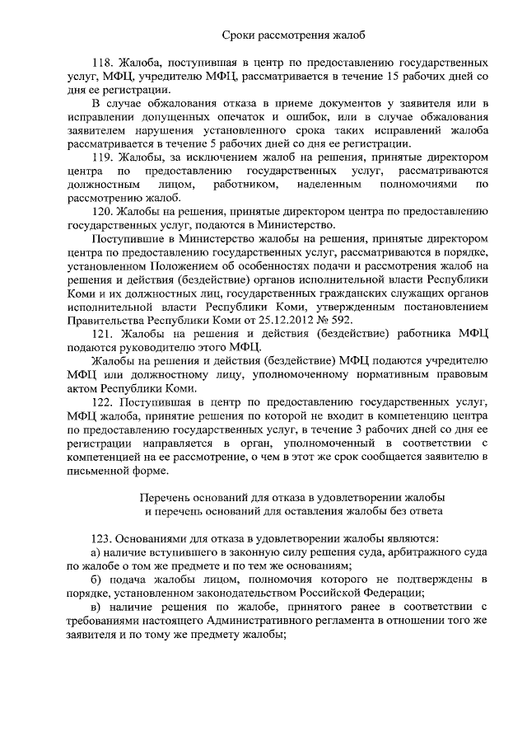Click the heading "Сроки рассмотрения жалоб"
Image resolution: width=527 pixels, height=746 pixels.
coord(293,35)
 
